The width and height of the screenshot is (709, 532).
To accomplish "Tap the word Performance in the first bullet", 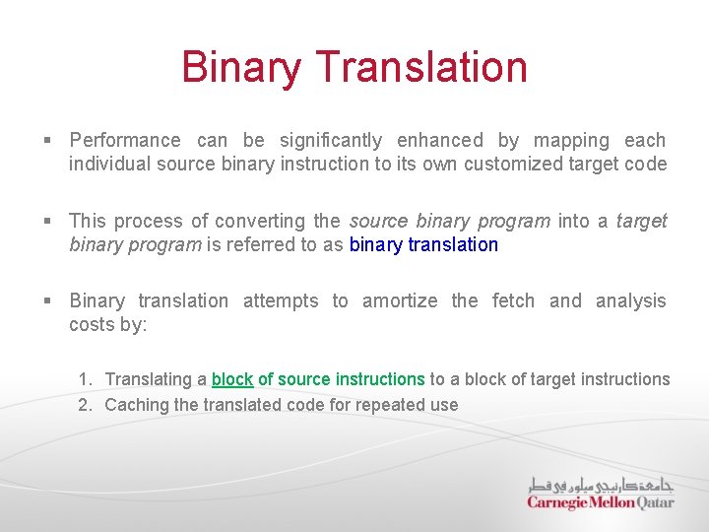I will [x=125, y=141].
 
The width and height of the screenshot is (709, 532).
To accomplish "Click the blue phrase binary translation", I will [x=423, y=244].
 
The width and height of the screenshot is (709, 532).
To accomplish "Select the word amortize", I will [x=400, y=300].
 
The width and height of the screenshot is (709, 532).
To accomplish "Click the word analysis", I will [x=631, y=300].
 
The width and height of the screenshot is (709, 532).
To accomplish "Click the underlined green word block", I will [x=232, y=379].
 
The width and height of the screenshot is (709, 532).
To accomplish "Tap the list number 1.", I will [x=85, y=379].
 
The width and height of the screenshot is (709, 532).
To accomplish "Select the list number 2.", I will [x=85, y=404].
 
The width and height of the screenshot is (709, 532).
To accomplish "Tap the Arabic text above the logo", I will [x=601, y=484].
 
